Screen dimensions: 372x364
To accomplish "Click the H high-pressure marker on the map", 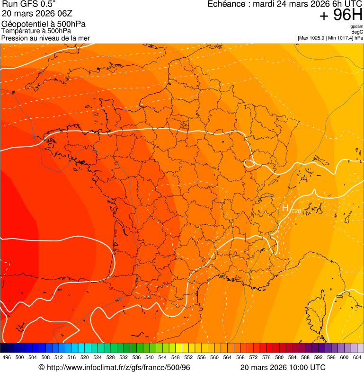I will click(285, 208).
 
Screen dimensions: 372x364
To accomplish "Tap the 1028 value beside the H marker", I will click(295, 211).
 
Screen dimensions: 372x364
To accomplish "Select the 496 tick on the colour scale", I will click(7, 357).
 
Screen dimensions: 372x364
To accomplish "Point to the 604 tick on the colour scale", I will click(357, 357).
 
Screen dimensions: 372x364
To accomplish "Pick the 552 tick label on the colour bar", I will click(188, 357).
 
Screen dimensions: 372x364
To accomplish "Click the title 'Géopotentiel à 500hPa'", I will click(44, 24).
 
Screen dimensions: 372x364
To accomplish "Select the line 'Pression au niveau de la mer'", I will click(45, 38).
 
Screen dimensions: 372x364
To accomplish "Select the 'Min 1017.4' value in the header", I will click(340, 38).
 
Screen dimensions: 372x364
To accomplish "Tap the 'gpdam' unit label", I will click(356, 27).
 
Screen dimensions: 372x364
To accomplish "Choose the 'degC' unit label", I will click(357, 32).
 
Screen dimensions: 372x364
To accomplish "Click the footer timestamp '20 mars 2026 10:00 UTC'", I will click(283, 367).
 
